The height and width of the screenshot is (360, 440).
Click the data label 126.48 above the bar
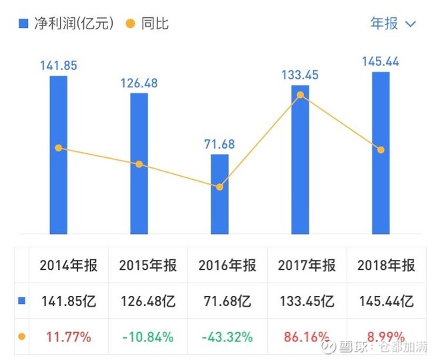139,84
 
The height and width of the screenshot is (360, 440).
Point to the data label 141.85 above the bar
59,65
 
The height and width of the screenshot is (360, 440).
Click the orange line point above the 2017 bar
300,95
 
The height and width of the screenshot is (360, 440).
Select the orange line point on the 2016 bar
219,187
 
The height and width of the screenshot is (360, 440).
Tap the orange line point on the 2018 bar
381,150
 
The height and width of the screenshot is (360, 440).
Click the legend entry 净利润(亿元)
67,24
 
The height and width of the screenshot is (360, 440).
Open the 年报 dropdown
393,24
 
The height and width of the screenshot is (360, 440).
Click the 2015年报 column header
148,265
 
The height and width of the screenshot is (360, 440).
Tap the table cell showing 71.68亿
227,301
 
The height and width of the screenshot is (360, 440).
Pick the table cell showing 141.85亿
68,301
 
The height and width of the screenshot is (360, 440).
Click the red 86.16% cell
307,337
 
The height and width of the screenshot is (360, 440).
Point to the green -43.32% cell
227,337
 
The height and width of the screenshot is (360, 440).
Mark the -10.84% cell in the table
148,337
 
